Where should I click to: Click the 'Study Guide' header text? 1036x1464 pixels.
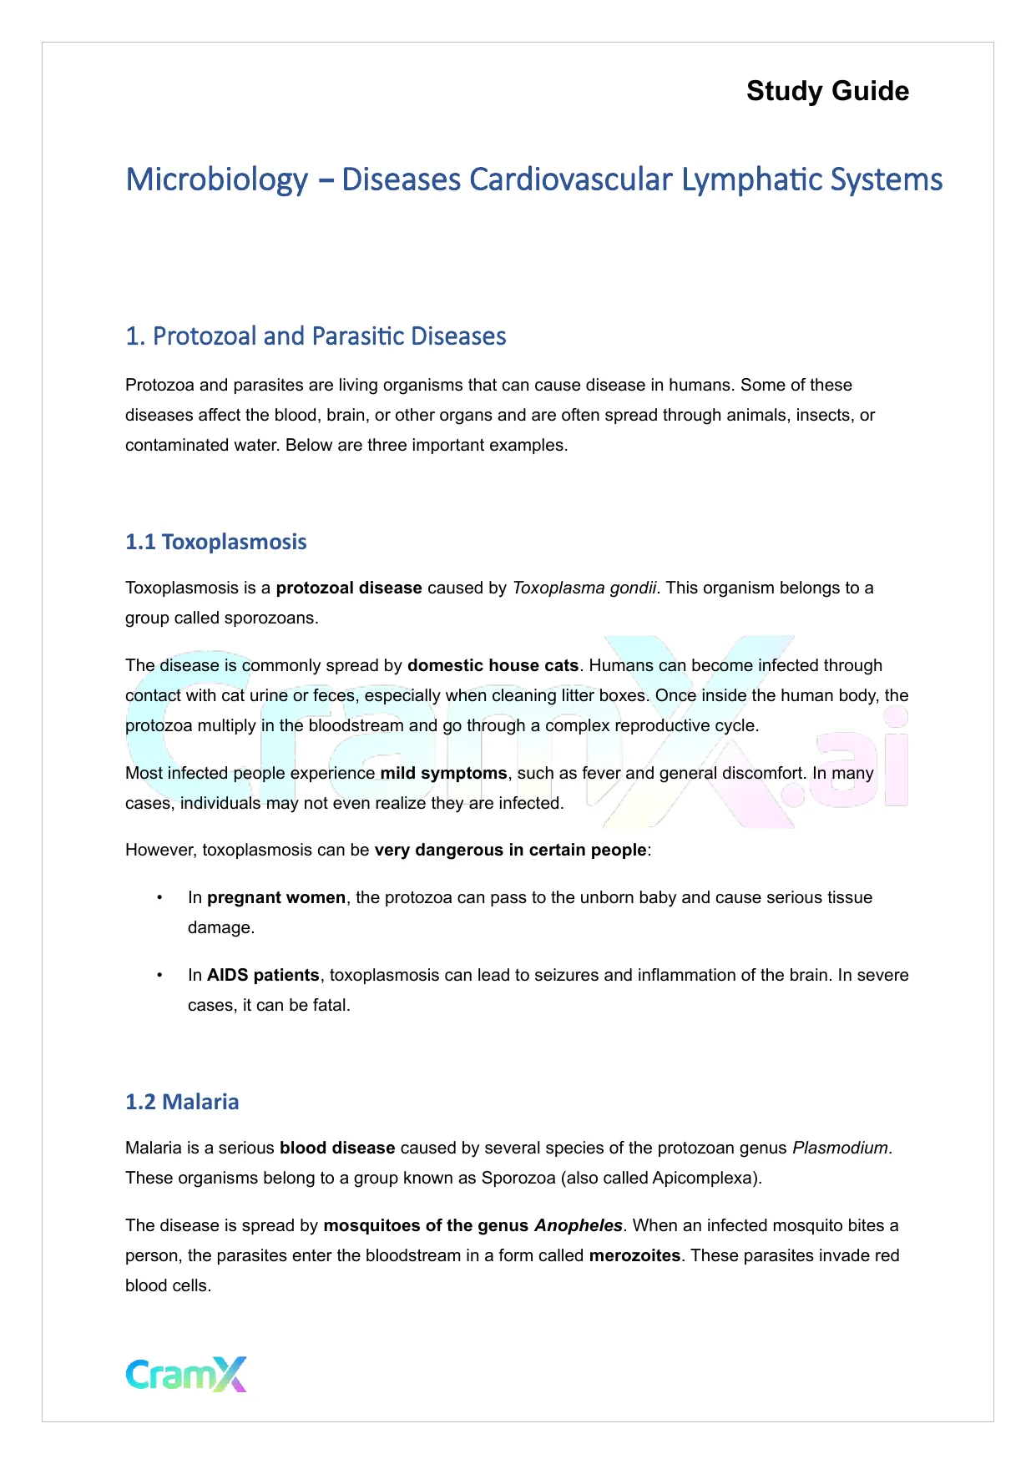(827, 91)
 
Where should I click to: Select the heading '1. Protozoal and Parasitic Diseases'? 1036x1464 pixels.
(316, 336)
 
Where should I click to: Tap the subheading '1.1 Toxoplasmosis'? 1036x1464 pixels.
(216, 542)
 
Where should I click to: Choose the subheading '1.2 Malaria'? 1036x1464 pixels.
(182, 1102)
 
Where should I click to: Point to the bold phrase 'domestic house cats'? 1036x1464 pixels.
(493, 665)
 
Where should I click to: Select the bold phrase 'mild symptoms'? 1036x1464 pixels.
(443, 773)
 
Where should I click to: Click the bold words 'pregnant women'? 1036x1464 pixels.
(276, 897)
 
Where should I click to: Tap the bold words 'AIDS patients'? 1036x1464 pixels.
(263, 975)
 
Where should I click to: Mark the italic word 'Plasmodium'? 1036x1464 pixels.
(840, 1148)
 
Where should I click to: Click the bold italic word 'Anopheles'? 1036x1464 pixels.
(579, 1225)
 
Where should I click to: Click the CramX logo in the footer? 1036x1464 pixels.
(186, 1374)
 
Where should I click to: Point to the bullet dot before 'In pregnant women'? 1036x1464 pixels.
(159, 897)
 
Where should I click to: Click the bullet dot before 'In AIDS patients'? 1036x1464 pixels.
(159, 975)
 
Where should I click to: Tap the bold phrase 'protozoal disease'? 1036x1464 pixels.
(349, 588)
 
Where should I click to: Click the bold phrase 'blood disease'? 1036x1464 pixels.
(337, 1148)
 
